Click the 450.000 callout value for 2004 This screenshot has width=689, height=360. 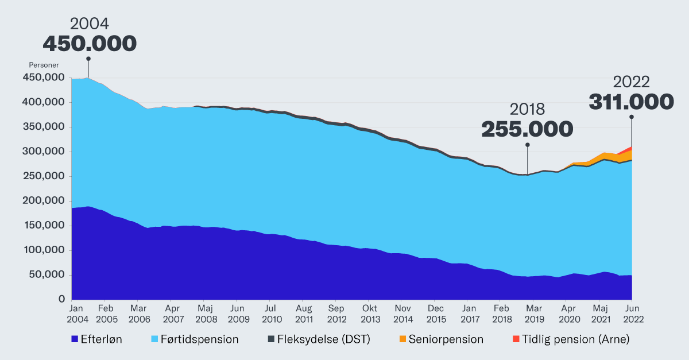[90, 44]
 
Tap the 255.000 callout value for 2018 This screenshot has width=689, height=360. [527, 129]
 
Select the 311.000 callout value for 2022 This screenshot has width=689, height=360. [631, 102]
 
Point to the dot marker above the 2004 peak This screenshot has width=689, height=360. [88, 59]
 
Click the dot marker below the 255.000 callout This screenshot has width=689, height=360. [527, 145]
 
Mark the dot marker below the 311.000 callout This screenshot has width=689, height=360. [631, 117]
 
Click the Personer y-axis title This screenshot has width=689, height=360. [44, 65]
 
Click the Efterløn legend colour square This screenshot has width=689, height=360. [75, 339]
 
